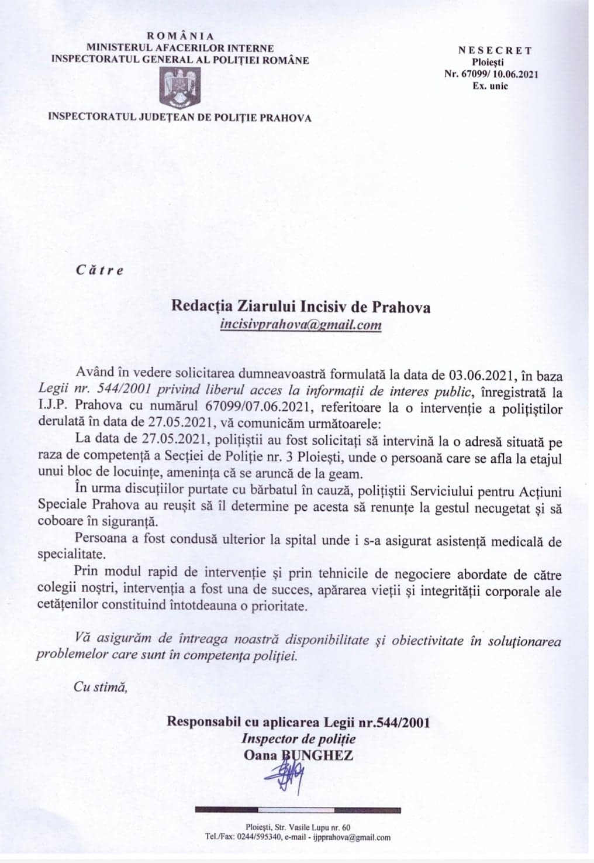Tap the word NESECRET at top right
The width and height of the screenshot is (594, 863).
495,50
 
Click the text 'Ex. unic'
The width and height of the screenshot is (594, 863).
490,85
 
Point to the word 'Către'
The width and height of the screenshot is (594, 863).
99,270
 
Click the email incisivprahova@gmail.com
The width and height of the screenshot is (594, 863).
301,324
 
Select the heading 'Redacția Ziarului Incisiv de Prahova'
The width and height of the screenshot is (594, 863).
301,306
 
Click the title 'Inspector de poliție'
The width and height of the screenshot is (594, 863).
299,738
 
